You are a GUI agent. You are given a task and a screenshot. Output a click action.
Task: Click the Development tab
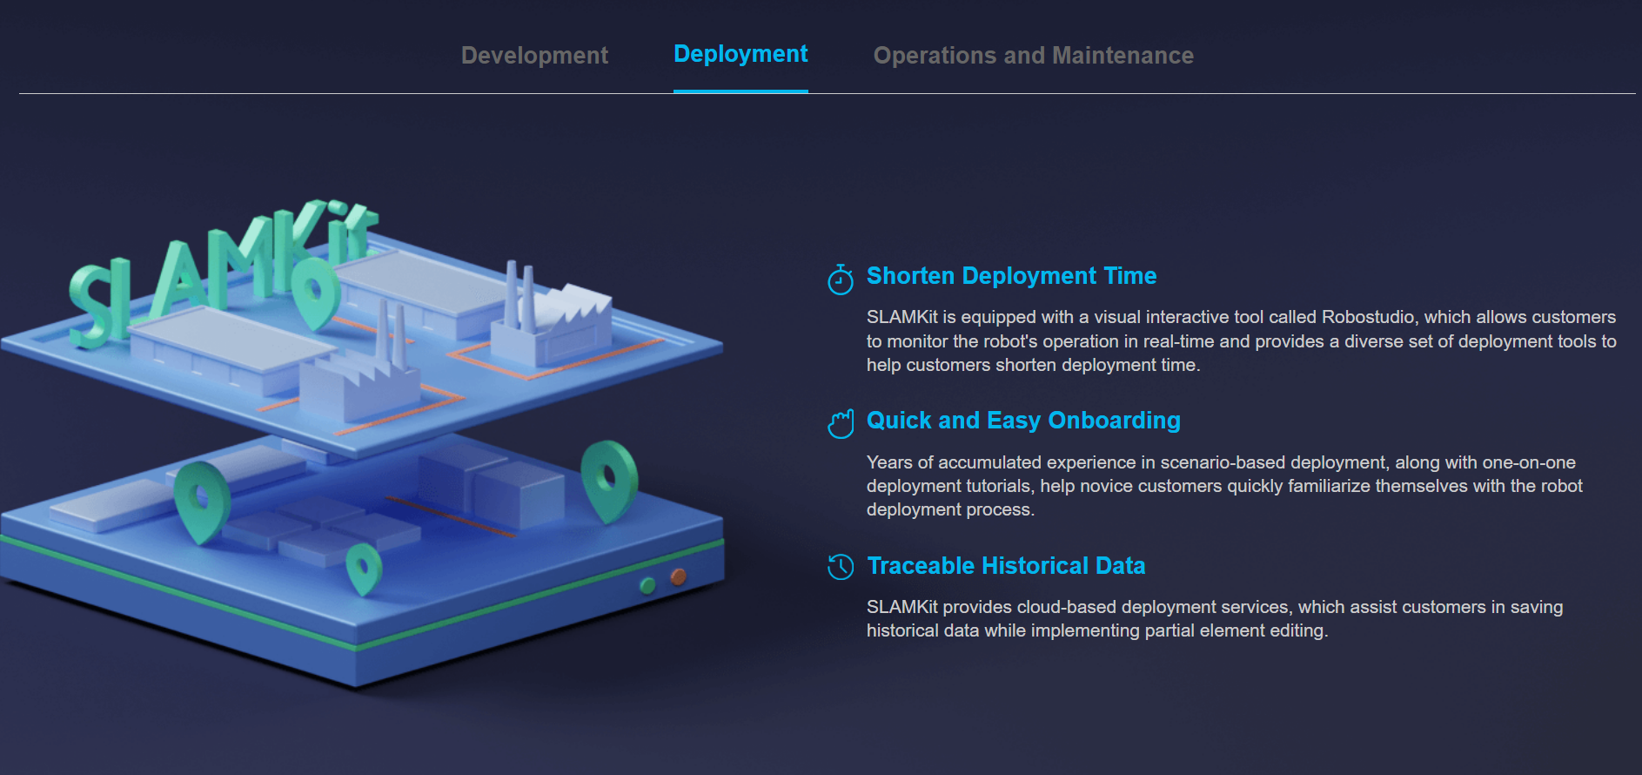pos(534,56)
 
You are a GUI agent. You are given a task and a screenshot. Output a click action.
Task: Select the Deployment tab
pos(741,54)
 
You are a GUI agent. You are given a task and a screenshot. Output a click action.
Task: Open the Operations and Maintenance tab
pos(1033,56)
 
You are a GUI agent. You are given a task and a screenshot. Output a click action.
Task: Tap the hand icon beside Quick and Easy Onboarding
pos(841,424)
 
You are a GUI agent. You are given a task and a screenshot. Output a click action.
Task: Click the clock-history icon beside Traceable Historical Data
pos(841,567)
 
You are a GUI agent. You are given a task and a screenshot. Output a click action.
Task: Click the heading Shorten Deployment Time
pos(1011,276)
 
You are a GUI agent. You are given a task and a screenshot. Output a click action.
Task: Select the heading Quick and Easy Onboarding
pos(1023,421)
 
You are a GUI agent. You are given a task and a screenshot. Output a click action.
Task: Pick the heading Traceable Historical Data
pos(1006,566)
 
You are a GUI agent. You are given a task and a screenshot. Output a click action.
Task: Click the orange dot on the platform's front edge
pos(678,576)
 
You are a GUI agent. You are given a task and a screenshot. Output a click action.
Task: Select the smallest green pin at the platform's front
pos(364,569)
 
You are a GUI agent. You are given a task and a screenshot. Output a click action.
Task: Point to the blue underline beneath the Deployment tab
pos(741,91)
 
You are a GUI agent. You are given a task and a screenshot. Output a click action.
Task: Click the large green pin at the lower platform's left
pos(202,498)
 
